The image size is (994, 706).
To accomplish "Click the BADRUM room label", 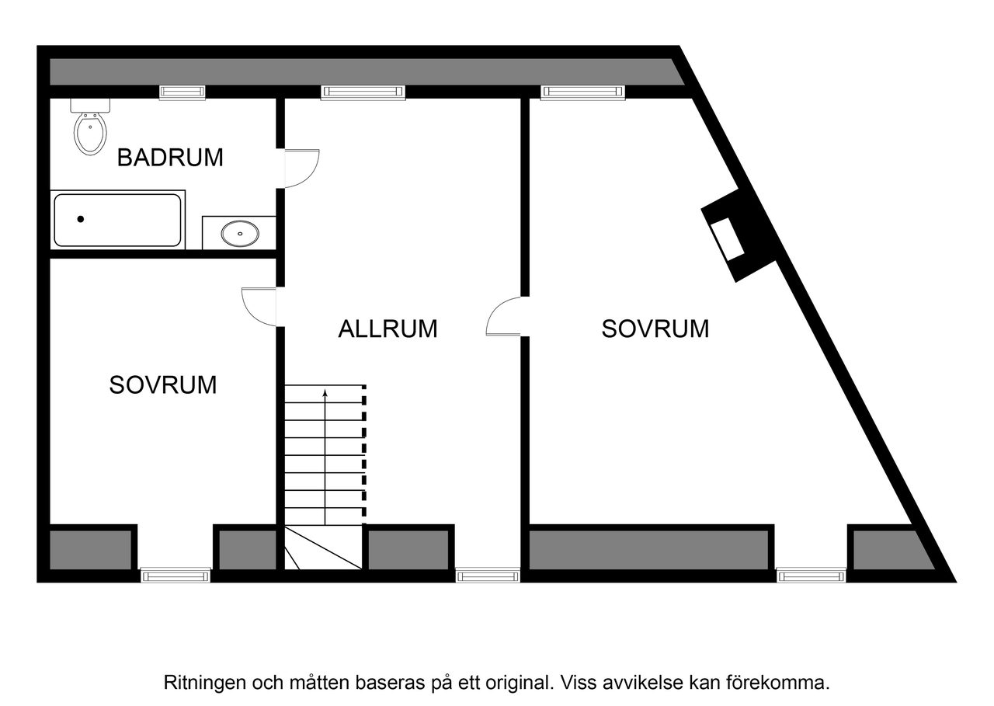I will click(170, 158).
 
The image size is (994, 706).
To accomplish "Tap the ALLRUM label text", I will click(388, 329).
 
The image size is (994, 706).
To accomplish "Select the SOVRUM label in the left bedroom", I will click(162, 384).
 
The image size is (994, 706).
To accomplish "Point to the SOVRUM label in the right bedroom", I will click(655, 329).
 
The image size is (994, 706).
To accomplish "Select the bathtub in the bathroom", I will click(118, 221).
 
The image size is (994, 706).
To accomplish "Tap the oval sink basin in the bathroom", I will click(240, 231).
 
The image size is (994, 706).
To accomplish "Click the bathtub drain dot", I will click(80, 220).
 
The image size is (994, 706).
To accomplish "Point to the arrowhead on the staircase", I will click(325, 394).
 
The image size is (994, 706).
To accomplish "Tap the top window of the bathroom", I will click(182, 92).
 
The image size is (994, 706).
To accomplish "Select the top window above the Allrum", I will click(363, 92).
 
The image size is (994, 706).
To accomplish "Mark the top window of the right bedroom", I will click(583, 92).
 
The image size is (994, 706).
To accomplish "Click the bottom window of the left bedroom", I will click(175, 576).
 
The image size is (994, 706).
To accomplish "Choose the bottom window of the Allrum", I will click(488, 576).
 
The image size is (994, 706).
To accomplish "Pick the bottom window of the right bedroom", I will click(811, 576).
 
